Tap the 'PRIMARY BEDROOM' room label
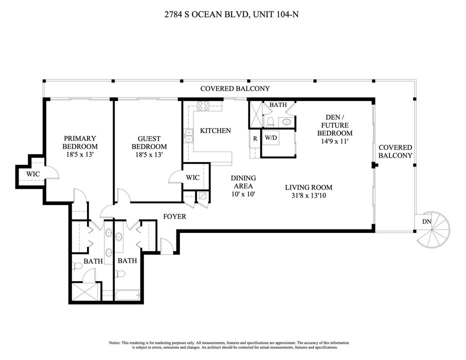(x=79, y=142)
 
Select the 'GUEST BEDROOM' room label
(x=149, y=142)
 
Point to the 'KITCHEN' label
(x=215, y=131)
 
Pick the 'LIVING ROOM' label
(x=308, y=187)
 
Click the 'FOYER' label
(x=175, y=216)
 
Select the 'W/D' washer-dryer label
(x=271, y=137)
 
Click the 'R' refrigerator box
(x=255, y=138)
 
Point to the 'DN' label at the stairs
(x=426, y=222)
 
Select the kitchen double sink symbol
(x=188, y=136)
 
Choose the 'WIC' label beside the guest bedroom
(x=192, y=177)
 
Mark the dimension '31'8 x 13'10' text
(x=308, y=196)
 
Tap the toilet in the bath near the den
(x=270, y=121)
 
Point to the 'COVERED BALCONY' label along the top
(x=235, y=88)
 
